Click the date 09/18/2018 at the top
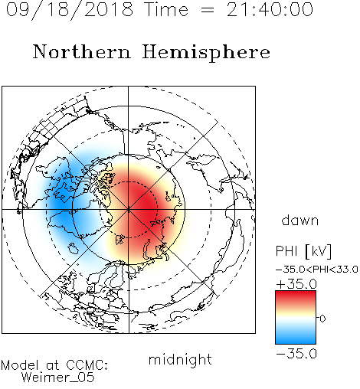70,9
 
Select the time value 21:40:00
270,9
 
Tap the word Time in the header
166,9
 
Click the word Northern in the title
82,52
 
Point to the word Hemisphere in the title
206,53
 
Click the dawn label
299,220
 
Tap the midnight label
180,359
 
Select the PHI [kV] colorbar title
303,251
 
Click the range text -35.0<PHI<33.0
316,270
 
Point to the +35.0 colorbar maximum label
296,284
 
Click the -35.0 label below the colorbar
296,354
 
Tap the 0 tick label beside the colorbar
322,319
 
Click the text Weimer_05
58,378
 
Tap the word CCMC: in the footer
87,365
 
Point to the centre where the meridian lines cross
129,210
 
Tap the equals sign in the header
207,10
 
